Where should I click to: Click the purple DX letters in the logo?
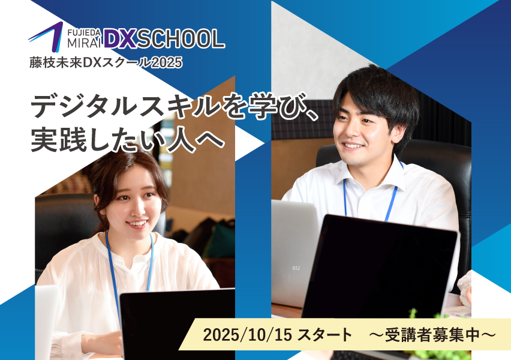pos(120,39)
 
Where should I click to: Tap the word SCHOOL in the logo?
pos(181,39)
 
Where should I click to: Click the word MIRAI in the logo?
pos(85,43)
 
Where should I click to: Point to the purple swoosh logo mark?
pos(46,37)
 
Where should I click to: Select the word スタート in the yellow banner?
pos(325,335)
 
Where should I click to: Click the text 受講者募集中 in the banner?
pos(432,335)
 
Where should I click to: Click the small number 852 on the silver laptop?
pos(296,268)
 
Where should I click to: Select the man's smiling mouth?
pos(352,145)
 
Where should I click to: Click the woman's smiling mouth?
pos(137,224)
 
